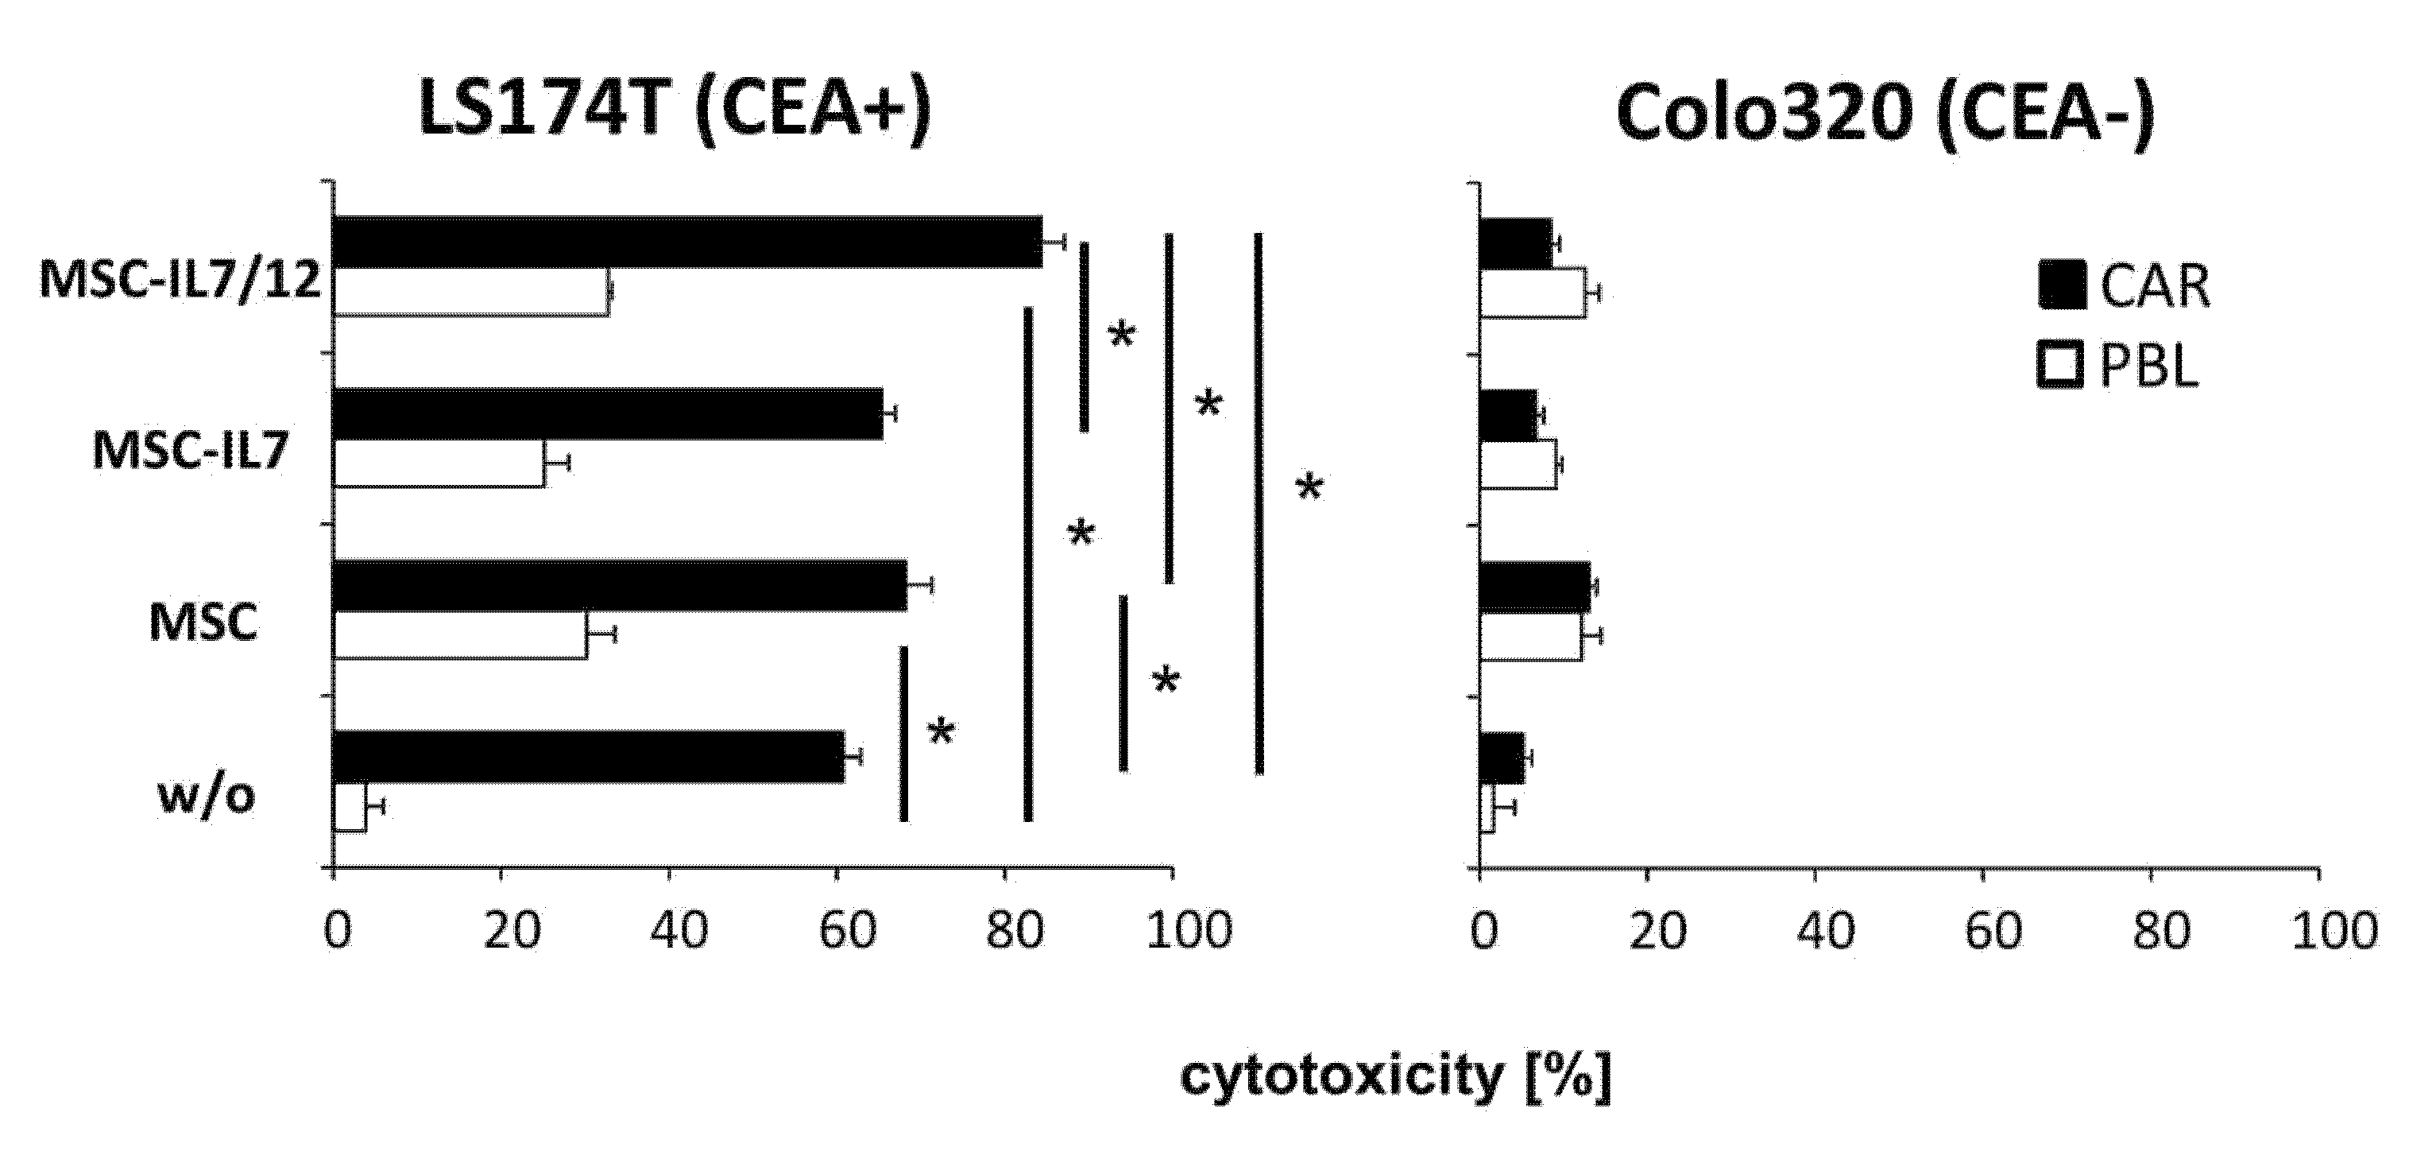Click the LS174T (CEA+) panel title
pyautogui.click(x=675, y=111)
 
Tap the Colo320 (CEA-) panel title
pyautogui.click(x=1885, y=111)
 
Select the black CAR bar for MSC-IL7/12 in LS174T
pyautogui.click(x=687, y=242)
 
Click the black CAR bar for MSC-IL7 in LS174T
pyautogui.click(x=608, y=414)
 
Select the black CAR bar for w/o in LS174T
pyautogui.click(x=588, y=757)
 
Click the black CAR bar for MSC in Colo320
pyautogui.click(x=1534, y=587)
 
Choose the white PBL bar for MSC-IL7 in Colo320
pyautogui.click(x=1518, y=463)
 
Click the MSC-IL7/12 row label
pyautogui.click(x=180, y=280)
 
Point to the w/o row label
pyautogui.click(x=206, y=797)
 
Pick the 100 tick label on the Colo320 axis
pyautogui.click(x=2332, y=932)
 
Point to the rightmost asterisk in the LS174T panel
pyautogui.click(x=1309, y=489)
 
